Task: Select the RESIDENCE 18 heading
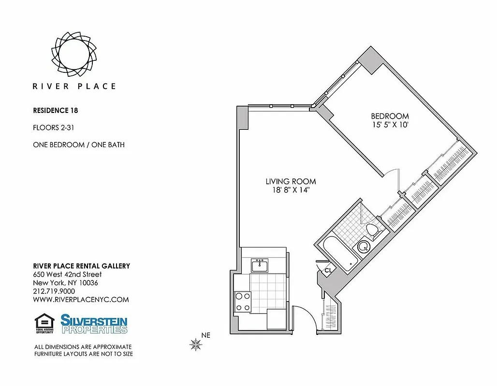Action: [x=56, y=110]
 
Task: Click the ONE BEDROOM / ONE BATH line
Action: [x=79, y=144]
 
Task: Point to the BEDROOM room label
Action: [x=390, y=116]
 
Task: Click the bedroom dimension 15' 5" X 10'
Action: [x=390, y=124]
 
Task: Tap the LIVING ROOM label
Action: [x=291, y=181]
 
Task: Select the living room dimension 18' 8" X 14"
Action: [x=291, y=190]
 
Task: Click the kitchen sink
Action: [x=260, y=265]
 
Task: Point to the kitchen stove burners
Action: [x=242, y=302]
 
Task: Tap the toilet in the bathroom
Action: [x=373, y=230]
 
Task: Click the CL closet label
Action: [x=327, y=270]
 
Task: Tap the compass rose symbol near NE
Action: [x=196, y=344]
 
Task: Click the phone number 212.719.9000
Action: [x=54, y=291]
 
